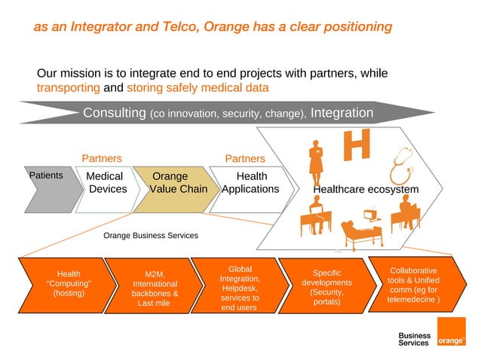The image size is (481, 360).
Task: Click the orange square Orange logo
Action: tap(452, 332)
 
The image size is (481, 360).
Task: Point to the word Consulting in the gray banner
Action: tap(114, 113)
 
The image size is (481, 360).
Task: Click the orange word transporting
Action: tap(68, 87)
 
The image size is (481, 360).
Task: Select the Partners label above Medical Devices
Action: tap(102, 159)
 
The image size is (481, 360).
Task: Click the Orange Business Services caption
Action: tap(150, 236)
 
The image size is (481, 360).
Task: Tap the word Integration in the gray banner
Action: tap(342, 113)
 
